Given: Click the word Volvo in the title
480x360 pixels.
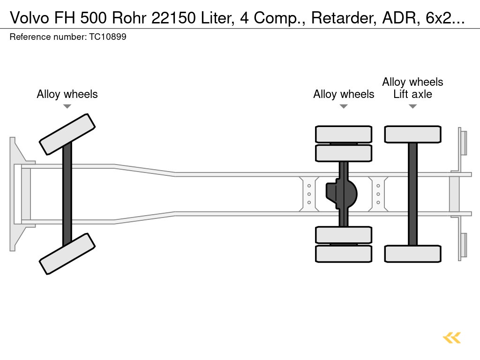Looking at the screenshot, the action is [30, 18].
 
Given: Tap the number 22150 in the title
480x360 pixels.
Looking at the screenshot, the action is [173, 18].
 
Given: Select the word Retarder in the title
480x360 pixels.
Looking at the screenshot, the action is [344, 18].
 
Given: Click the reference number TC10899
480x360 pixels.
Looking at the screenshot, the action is [108, 37].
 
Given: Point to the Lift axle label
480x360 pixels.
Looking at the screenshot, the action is [412, 94].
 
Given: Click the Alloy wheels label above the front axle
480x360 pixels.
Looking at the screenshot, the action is [67, 94].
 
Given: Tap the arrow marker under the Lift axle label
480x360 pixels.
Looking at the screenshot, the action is [412, 106].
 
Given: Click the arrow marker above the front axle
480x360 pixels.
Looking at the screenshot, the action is [67, 106].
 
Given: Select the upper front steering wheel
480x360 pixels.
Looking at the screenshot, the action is [67, 135].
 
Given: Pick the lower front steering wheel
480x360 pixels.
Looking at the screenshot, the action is [67, 254].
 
